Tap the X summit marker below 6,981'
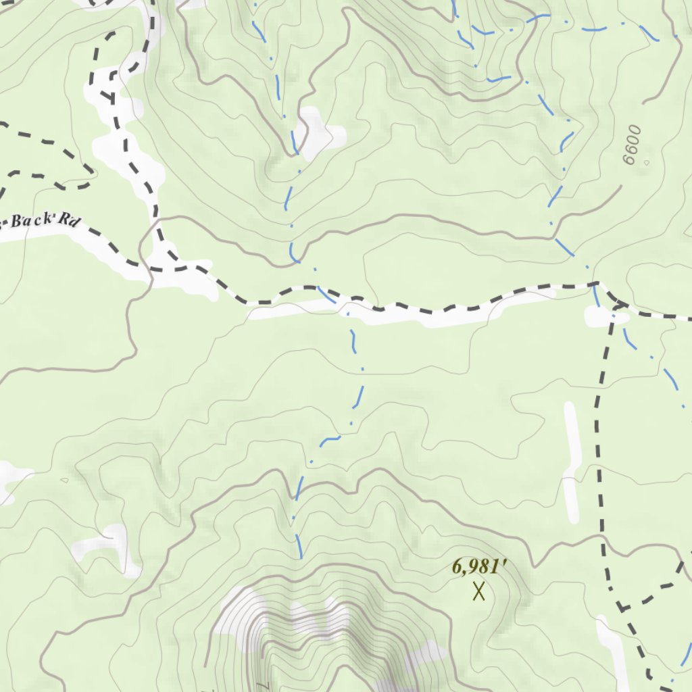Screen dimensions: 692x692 point(479,592)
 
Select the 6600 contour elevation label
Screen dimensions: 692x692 point(631,145)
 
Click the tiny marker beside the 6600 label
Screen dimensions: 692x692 point(646,163)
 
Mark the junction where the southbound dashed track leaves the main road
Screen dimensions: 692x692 point(617,305)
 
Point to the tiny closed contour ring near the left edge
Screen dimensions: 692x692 point(64,480)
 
